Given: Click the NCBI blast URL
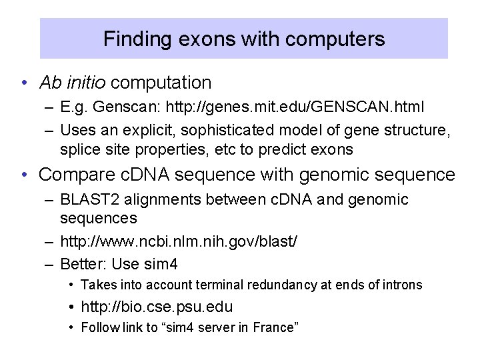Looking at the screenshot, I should click(x=179, y=241).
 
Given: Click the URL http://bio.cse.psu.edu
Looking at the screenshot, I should click(x=157, y=307).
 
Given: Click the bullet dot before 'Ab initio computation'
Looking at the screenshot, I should click(x=23, y=83).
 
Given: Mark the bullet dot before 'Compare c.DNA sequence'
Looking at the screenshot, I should click(x=23, y=175).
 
